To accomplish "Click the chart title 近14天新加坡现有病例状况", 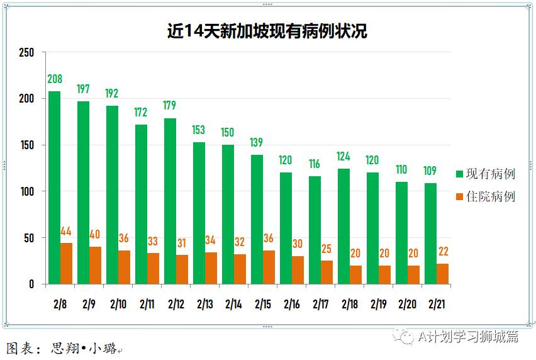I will coord(267,31).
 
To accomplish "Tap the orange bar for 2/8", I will coord(66,263).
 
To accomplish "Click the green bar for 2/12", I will coord(170,201).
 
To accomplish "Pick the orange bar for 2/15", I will coord(269,267).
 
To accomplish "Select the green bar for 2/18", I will coord(343,226).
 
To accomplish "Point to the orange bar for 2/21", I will coord(442,274).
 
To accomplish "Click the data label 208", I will coord(55,79).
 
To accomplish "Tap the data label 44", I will coord(66,231).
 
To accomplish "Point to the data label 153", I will coord(199,130).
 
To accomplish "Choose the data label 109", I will coord(430,171).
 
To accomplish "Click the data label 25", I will coord(327,249).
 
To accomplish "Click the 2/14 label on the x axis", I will coord(233,304).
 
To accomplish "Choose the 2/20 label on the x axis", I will coord(407,304).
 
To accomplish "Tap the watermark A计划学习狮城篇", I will coord(468,337).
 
